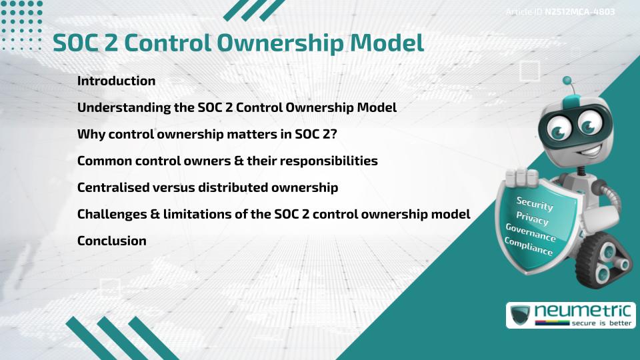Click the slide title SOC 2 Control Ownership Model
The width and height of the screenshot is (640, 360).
pos(238,43)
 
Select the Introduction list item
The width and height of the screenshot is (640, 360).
pos(116,81)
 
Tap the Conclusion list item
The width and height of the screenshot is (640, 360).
pos(111,241)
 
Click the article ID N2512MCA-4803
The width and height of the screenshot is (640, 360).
pos(578,12)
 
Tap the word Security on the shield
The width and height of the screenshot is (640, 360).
pos(535,203)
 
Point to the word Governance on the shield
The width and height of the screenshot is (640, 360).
pos(530,233)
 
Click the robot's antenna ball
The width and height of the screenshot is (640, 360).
pos(567,81)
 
